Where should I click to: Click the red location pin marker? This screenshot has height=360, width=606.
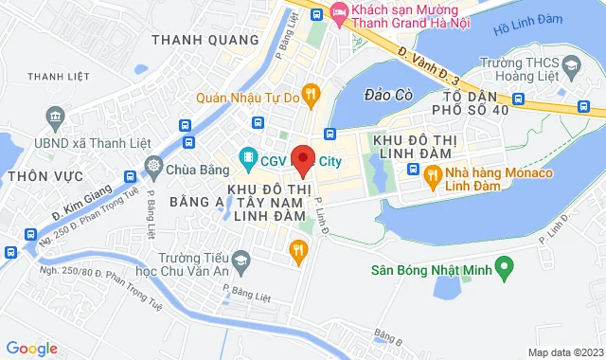point(303,158)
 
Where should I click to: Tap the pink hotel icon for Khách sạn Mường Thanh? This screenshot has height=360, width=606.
point(340,13)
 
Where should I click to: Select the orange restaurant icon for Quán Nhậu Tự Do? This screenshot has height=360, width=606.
point(313,95)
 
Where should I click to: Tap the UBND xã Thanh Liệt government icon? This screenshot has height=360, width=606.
point(54,117)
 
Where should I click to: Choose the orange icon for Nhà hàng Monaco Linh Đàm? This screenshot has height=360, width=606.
point(432,174)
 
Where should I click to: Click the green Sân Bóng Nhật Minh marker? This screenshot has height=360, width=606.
point(506,269)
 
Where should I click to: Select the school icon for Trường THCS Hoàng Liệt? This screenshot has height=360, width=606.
point(570,66)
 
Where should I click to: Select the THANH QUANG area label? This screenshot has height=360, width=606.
point(205,40)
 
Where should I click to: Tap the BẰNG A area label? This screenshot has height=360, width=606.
point(196,202)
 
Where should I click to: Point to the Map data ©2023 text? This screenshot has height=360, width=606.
point(563,352)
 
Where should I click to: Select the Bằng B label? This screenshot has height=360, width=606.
point(387,334)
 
